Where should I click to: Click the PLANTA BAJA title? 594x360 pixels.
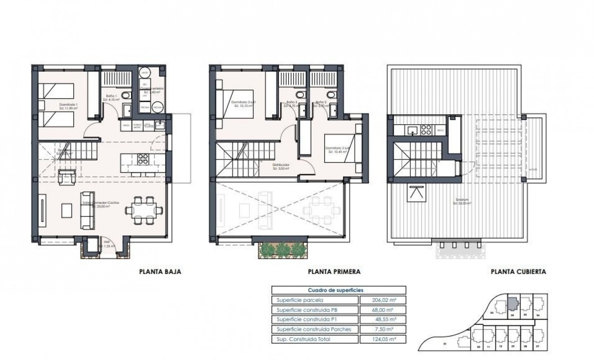(x=160, y=272)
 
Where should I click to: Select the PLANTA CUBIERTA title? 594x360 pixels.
(x=518, y=272)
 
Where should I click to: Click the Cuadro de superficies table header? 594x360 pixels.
(x=338, y=290)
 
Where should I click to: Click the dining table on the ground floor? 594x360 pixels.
(x=144, y=209)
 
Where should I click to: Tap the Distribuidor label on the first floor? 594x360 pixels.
(x=280, y=165)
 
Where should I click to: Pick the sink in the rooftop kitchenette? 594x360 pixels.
(x=413, y=130)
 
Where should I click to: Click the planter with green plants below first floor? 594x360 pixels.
(x=282, y=249)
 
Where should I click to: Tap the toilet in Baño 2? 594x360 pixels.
(x=332, y=95)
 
